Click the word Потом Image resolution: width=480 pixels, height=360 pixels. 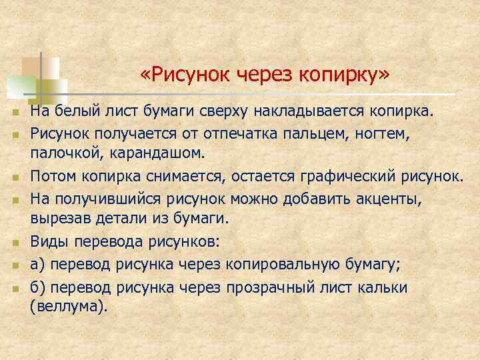pyautogui.click(x=54, y=177)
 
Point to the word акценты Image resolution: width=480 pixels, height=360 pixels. pyautogui.click(x=391, y=199)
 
